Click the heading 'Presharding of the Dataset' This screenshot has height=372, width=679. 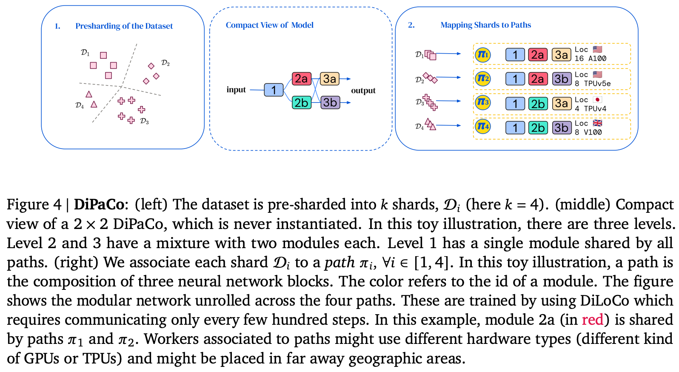point(124,26)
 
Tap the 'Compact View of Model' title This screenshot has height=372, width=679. point(269,25)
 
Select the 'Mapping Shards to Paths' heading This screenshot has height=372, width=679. point(485,25)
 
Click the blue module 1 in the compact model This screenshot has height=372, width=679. point(274,90)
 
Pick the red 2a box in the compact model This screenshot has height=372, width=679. point(301,79)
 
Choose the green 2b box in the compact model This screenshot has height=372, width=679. point(301,103)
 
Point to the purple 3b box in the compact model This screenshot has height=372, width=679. point(330,103)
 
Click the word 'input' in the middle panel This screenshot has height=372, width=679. point(236,90)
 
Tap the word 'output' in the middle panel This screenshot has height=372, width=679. point(363,91)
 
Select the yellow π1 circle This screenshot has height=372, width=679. point(482,54)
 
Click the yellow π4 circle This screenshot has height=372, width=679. point(482,126)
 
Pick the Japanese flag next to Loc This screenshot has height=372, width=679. point(597,100)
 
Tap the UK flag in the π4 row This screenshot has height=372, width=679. point(597,123)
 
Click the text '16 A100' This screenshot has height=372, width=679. point(590,59)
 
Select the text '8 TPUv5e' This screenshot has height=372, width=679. point(592,84)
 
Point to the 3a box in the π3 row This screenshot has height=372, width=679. point(561,103)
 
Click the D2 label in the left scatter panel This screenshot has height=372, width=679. point(165,63)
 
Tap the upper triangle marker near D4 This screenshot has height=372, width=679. point(89,94)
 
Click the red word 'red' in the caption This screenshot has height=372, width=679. point(592,320)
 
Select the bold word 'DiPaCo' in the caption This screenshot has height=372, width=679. point(99,205)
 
